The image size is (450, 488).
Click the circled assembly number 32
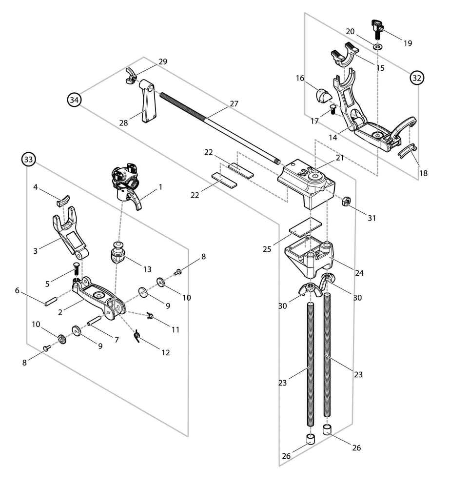coord(417,77)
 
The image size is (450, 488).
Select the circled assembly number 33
coord(28,159)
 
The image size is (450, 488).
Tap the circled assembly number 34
coord(74,100)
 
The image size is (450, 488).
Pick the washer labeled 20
coord(378,46)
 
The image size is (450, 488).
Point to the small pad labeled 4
coord(62,200)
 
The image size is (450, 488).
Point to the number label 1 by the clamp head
coord(160,186)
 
